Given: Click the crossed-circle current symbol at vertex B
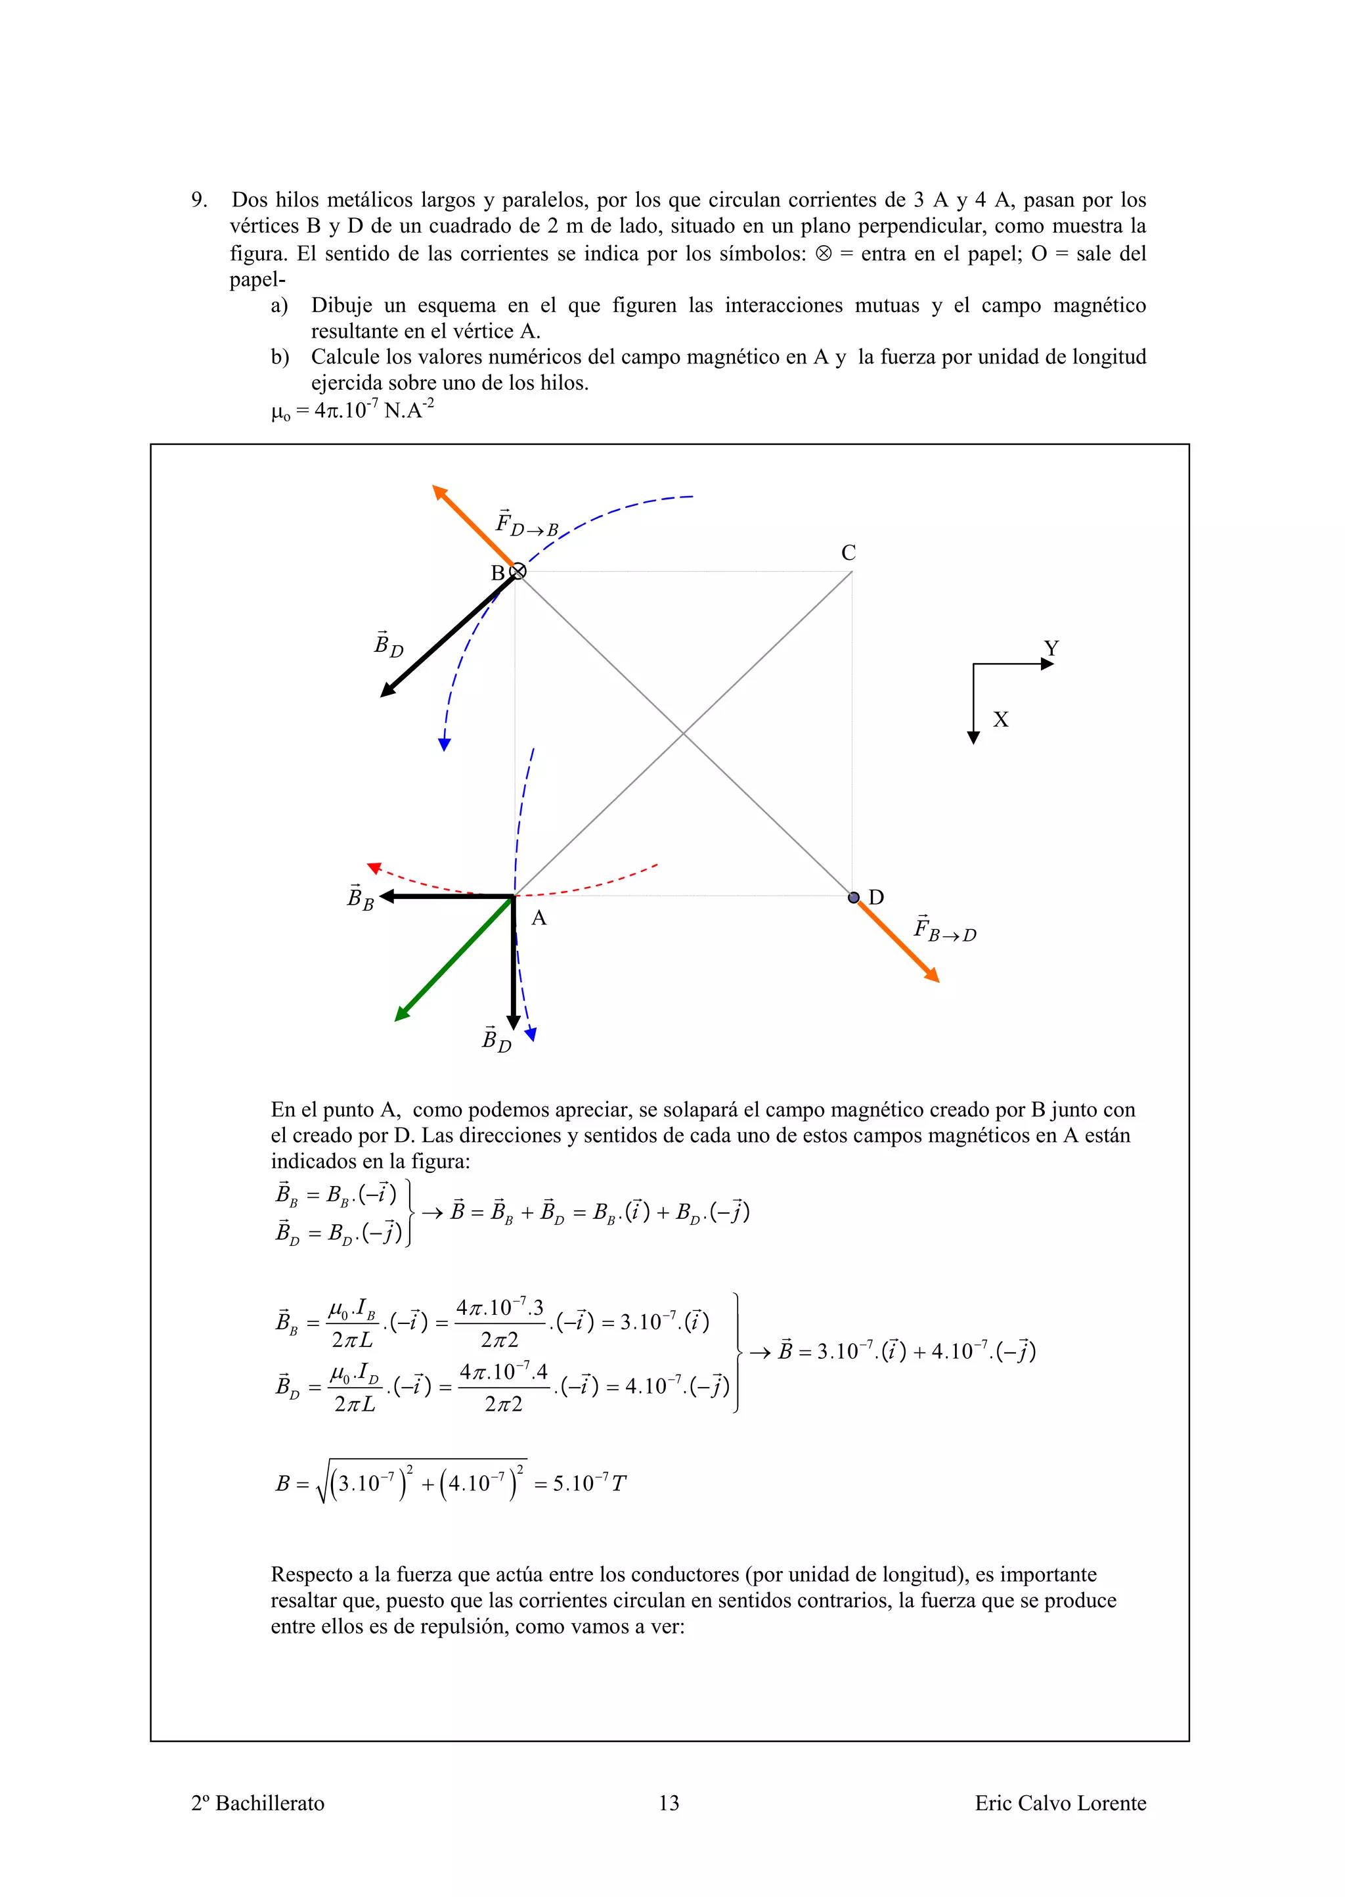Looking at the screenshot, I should coord(518,571).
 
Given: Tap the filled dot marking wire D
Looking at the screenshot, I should coord(854,897).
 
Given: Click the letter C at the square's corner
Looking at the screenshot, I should coord(848,553).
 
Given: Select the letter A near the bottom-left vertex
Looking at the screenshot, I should coord(539,918).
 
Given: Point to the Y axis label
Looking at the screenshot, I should coord(1051,648).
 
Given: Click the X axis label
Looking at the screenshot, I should coord(1000,719).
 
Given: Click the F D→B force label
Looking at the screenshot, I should coord(527,524).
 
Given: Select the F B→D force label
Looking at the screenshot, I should coord(945,930).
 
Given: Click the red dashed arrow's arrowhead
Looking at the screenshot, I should coord(374,867).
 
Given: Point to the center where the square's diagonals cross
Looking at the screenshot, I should coord(683,733).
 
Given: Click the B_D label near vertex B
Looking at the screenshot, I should coord(388,645).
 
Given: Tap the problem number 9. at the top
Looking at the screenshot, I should coord(199,200).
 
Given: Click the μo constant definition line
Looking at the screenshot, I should coord(353,410).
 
